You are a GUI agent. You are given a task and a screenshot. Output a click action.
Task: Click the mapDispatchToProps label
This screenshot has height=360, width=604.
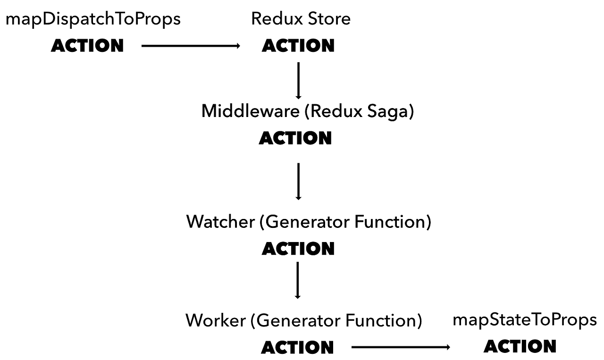coord(93,19)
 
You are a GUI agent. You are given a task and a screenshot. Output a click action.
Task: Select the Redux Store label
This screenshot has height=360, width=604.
coord(301,19)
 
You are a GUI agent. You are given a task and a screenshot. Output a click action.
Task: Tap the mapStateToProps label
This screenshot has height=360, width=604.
coord(524,320)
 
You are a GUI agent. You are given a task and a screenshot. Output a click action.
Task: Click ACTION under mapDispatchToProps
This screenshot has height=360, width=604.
coord(87,46)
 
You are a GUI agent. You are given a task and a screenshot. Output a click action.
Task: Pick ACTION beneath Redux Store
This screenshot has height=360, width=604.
coord(298,46)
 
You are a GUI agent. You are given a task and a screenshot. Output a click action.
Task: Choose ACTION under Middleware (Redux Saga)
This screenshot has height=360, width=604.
coord(295,138)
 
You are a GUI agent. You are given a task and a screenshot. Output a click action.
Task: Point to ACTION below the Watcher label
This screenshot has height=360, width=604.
coord(298,249)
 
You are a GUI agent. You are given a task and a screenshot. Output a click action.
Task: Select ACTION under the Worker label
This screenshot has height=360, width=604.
coord(297,348)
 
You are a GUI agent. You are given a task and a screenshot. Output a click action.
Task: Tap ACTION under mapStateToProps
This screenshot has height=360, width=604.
coord(520,346)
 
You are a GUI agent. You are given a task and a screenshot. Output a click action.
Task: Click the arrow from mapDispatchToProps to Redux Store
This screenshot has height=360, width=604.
coord(191,46)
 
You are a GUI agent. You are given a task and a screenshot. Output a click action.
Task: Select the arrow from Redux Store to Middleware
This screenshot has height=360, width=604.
coord(298,80)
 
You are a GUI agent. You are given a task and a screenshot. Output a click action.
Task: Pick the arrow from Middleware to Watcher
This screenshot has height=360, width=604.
coord(298,181)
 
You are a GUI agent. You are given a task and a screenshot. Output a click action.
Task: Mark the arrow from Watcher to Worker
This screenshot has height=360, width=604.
coord(298,280)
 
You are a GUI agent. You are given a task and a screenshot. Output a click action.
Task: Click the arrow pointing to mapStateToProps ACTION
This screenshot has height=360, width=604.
coord(401,348)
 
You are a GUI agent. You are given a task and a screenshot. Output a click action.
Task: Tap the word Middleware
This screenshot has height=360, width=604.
coord(250,112)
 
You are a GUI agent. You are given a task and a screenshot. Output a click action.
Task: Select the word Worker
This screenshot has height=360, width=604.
coord(216,320)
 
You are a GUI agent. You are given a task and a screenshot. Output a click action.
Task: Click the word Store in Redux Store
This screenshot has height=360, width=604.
coord(329,19)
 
